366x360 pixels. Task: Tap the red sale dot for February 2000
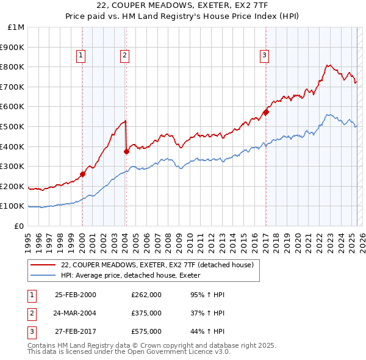tap(82, 174)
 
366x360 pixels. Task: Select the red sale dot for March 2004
tap(126, 151)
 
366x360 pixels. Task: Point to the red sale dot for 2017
tap(266, 112)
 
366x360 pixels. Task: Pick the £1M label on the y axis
tap(16, 27)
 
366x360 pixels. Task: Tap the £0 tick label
tap(19, 226)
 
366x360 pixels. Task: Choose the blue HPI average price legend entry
tap(135, 275)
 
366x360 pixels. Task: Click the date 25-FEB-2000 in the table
tap(75, 295)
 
